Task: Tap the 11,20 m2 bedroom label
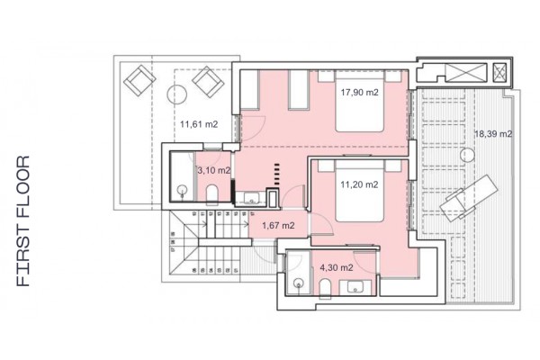point(359,184)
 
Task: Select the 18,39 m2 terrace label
point(492,134)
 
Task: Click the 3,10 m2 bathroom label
point(213,169)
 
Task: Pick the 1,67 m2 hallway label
point(277,225)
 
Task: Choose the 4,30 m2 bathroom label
point(335,266)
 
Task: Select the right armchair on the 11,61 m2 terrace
point(209,81)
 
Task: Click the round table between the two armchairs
point(175,93)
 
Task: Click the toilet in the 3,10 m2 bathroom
point(210,195)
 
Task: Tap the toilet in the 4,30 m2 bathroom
point(324,286)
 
